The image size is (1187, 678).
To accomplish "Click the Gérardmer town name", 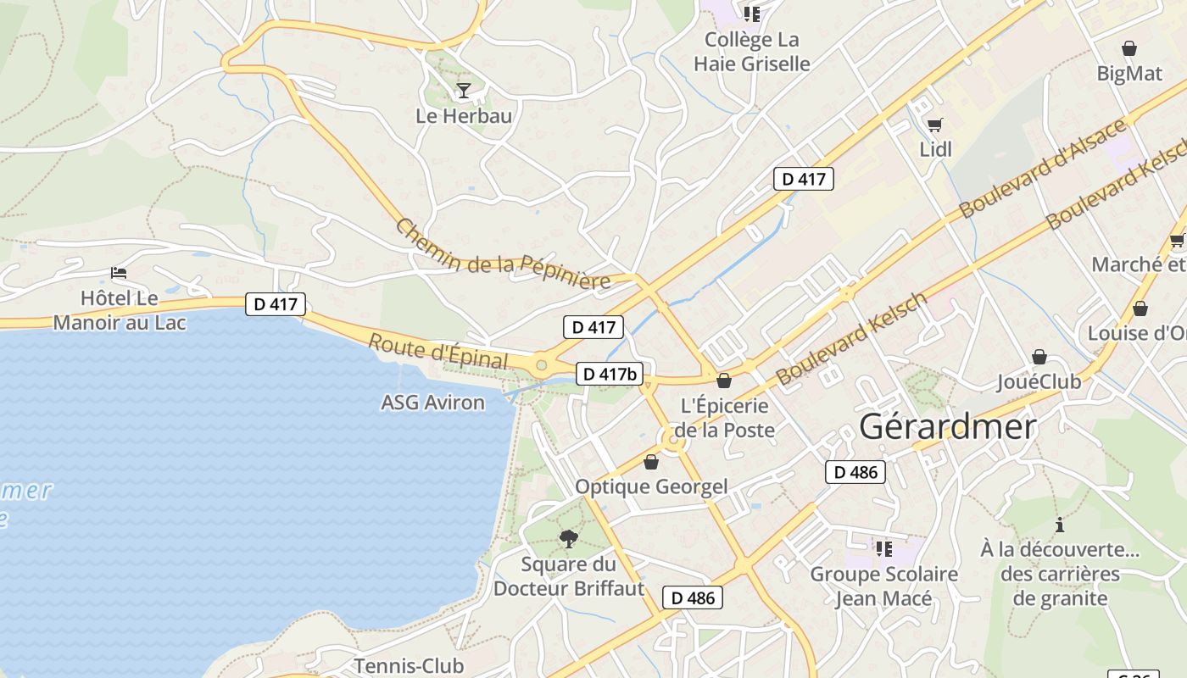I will (948, 426).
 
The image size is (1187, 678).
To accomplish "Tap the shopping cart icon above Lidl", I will (935, 125).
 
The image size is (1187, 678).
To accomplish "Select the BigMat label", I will (1129, 74).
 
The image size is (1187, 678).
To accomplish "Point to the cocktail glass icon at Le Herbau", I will (463, 90).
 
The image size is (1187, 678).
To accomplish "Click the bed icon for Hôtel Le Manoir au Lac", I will (119, 273).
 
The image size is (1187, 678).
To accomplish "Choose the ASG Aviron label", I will (432, 403).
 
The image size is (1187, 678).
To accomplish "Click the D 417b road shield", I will (609, 374).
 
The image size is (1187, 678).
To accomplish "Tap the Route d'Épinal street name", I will (438, 351).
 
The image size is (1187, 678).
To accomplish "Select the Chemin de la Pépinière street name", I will (503, 255).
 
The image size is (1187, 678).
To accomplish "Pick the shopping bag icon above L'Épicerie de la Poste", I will (723, 381).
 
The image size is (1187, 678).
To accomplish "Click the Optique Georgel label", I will (651, 486).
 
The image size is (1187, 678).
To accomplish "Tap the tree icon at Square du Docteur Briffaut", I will (569, 538).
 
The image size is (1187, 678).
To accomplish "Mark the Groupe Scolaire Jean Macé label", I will (884, 586).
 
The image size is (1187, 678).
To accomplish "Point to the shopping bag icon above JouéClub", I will (1039, 358).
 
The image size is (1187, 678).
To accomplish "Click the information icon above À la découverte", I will (1059, 525).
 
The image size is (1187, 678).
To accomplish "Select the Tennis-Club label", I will (409, 665).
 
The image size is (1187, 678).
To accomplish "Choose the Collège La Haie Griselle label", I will (752, 52).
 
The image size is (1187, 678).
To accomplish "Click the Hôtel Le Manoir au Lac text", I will (120, 310).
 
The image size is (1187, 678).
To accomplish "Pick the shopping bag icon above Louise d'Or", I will (1140, 308).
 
